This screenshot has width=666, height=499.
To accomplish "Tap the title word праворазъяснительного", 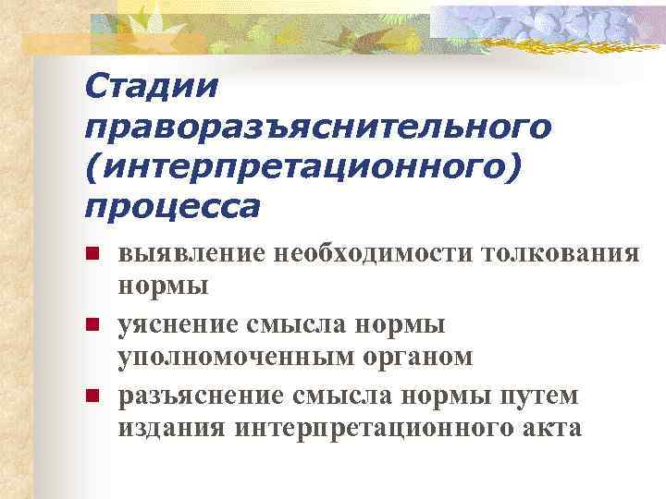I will coord(318,126).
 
